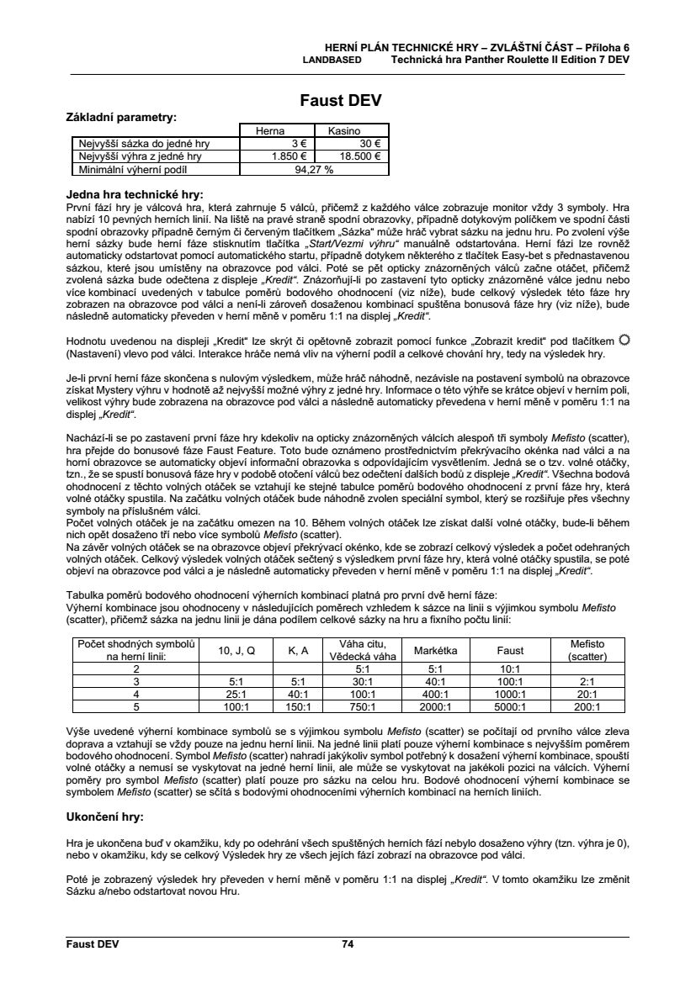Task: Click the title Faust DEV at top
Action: pyautogui.click(x=341, y=100)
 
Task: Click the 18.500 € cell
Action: pyautogui.click(x=359, y=156)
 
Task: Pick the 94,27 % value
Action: pyautogui.click(x=313, y=168)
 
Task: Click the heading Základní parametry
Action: pyautogui.click(x=121, y=117)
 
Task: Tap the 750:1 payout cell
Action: pyautogui.click(x=362, y=707)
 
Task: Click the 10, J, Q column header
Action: pyautogui.click(x=236, y=650)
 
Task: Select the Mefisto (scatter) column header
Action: pyautogui.click(x=587, y=650)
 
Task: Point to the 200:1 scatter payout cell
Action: pyautogui.click(x=587, y=707)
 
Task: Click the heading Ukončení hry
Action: pyautogui.click(x=105, y=817)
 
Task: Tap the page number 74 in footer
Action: pyautogui.click(x=348, y=943)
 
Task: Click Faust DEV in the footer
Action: pyautogui.click(x=93, y=943)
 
